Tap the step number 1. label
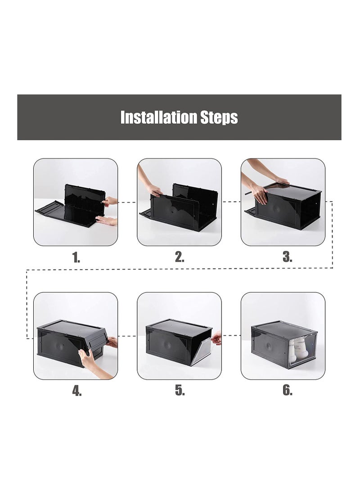click(76, 257)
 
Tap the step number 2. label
click(179, 257)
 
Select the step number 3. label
click(287, 257)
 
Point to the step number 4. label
click(76, 391)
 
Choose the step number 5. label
click(180, 391)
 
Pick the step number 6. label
click(287, 391)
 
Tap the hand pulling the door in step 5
click(216, 338)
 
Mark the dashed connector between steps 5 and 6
click(231, 335)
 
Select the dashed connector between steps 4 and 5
click(127, 335)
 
